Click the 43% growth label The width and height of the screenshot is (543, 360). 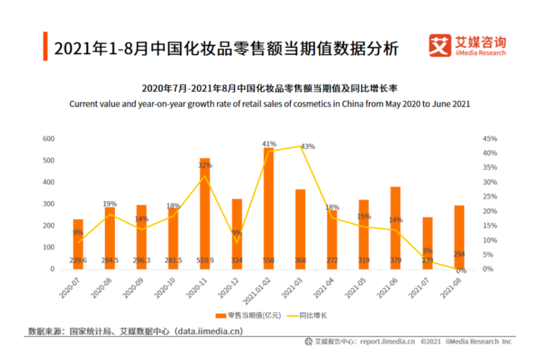tap(308, 147)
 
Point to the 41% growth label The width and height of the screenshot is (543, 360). tap(269, 143)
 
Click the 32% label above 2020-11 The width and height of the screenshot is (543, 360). tap(204, 165)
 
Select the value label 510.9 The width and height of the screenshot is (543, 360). tap(204, 261)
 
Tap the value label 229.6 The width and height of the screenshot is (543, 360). tap(78, 261)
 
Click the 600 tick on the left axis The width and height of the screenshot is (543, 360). tap(49, 139)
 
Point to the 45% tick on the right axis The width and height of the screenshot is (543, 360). tap(490, 139)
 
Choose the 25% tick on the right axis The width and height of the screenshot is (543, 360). tap(490, 196)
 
